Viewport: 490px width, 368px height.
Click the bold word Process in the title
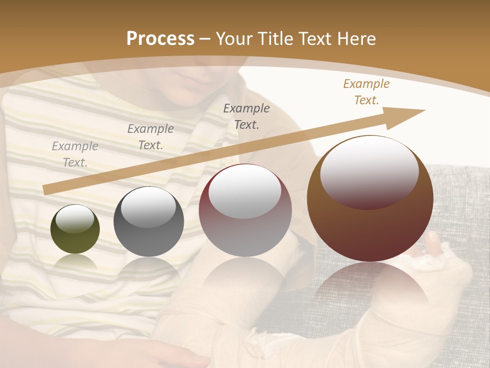coord(160,39)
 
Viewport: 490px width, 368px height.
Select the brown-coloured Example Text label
coord(366,92)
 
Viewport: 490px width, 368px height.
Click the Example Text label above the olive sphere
coord(75,154)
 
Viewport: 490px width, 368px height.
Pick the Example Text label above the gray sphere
coord(150,136)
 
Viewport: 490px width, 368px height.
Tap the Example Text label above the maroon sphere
coord(247,116)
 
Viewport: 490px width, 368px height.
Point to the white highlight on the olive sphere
coord(75,219)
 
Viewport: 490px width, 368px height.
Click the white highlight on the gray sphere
coord(149,207)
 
